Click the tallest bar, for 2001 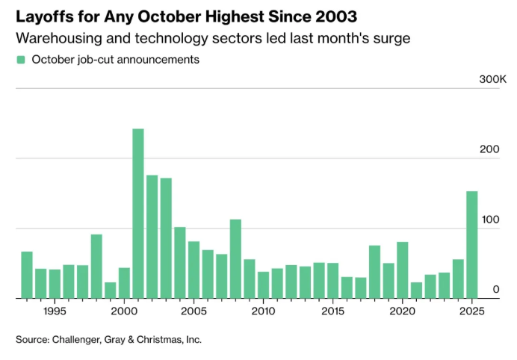138,214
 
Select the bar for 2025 472,245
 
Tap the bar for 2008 235,258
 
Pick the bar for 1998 96,266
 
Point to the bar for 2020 403,270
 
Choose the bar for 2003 166,238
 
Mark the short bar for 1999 111,290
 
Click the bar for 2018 374,271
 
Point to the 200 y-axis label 489,149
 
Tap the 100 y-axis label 489,220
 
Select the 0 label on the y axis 495,290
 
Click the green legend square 21,60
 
